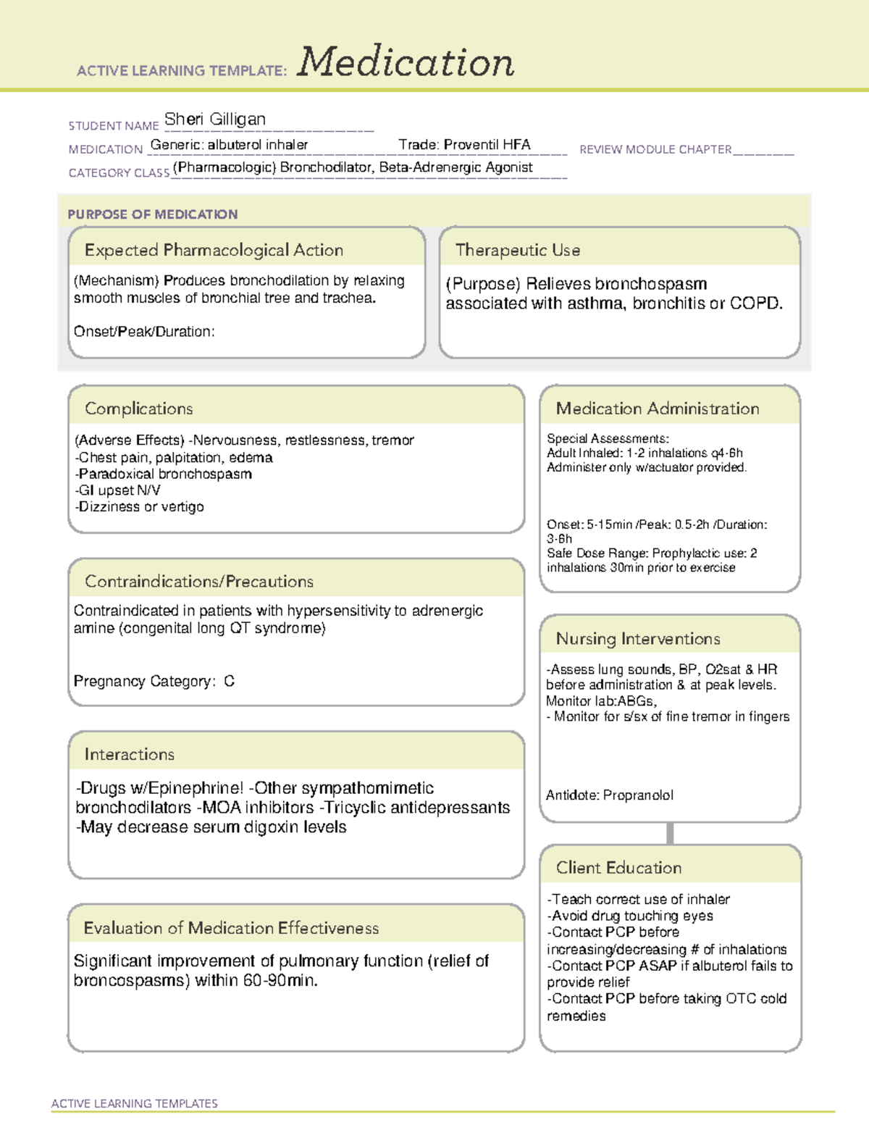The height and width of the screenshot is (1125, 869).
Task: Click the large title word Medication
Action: point(406,62)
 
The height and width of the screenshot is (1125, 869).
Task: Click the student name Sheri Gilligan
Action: point(215,119)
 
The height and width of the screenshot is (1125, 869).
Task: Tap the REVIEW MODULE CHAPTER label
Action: point(655,149)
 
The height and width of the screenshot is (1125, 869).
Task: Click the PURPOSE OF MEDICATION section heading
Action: point(152,214)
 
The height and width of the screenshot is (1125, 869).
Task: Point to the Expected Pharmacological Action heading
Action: point(214,250)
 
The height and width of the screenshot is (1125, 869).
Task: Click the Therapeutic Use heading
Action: point(518,250)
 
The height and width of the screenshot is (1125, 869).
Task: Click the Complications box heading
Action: point(139,409)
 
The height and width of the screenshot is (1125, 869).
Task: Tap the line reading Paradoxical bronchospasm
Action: point(164,474)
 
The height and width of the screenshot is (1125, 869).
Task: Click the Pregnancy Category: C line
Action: point(154,681)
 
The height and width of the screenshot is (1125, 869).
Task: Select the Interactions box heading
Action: point(130,754)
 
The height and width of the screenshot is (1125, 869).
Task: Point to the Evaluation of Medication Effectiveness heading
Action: point(231,928)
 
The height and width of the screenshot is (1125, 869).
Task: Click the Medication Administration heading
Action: point(658,409)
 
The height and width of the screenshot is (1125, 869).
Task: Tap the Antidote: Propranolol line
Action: point(610,795)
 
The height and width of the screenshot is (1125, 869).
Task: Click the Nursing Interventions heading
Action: point(638,639)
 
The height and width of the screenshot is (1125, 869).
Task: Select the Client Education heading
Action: point(619,868)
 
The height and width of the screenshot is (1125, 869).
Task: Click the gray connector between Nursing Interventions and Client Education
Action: point(670,833)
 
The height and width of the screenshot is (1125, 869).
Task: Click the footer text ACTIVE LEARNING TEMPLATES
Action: point(135,1103)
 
